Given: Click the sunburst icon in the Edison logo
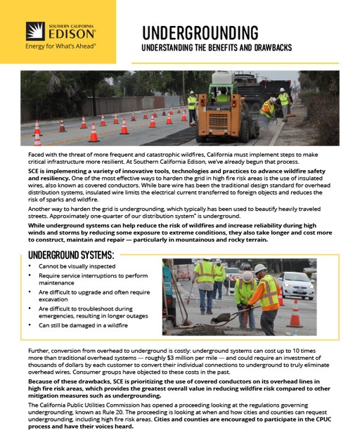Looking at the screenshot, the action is (x=36, y=31).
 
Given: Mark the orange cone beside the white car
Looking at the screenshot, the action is (x=295, y=313).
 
